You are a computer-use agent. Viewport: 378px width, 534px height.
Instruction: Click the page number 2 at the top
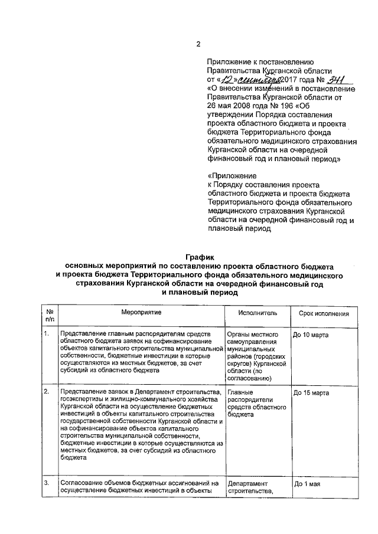tap(198, 44)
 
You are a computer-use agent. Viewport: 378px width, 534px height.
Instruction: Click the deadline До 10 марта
tap(311, 336)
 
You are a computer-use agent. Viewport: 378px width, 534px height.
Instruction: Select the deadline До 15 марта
tap(311, 393)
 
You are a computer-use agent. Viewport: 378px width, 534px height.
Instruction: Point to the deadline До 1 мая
tap(307, 484)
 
